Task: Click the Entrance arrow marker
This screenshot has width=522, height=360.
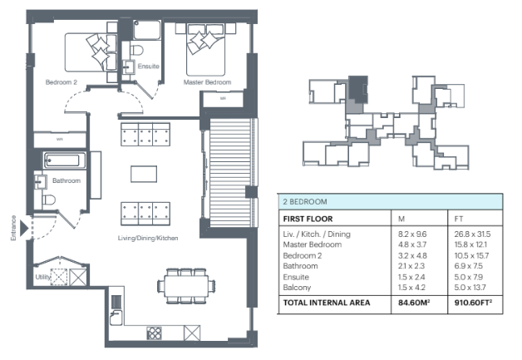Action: (23, 228)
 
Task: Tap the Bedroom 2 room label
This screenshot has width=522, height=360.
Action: (62, 82)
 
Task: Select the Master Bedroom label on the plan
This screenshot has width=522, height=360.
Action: (208, 82)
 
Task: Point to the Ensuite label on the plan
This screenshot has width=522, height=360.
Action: (149, 67)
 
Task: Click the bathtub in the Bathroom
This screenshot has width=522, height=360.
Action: (64, 160)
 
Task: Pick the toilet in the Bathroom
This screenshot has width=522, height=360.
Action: (48, 200)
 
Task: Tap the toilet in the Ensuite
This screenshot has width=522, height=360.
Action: (136, 50)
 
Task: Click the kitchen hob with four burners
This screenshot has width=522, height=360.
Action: (154, 333)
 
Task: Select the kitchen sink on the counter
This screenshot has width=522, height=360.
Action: (116, 318)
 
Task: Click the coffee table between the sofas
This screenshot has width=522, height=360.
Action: (144, 174)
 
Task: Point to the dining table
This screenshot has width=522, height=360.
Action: (186, 286)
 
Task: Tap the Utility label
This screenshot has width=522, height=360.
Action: (43, 277)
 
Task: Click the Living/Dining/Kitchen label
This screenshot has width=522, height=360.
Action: (148, 238)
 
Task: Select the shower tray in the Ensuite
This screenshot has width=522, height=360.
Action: (147, 30)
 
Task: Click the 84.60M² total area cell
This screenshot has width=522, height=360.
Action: (414, 303)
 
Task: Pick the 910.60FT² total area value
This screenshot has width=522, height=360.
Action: (473, 303)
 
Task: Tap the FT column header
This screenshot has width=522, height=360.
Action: (459, 219)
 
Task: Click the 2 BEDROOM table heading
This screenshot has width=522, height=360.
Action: (305, 201)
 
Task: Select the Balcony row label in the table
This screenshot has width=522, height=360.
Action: (297, 288)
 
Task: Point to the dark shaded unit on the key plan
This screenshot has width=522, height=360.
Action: (358, 88)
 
